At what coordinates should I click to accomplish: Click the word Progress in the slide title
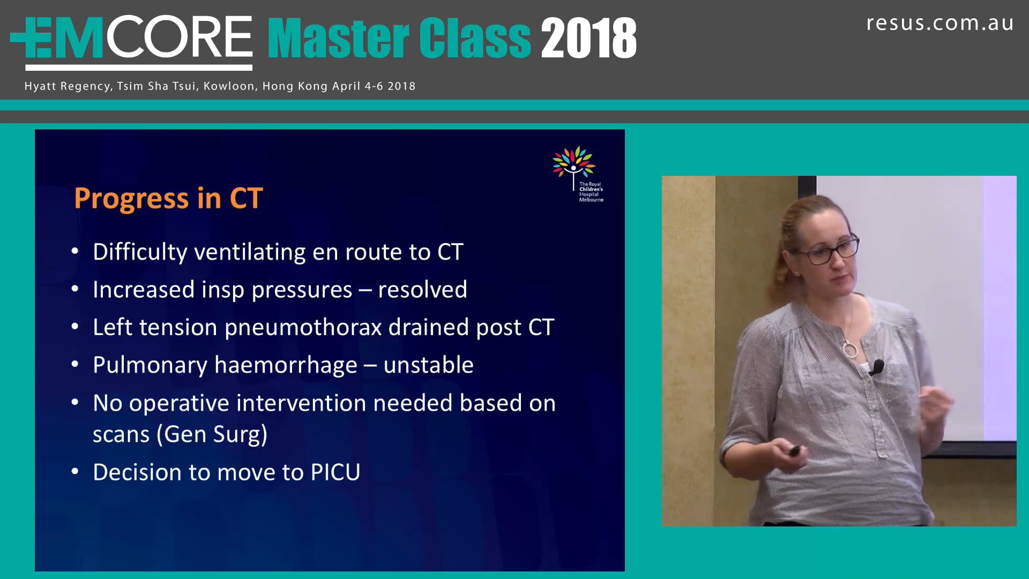point(131,199)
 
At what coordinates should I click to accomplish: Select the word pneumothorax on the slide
point(303,328)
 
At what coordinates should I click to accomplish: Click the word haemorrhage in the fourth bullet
point(285,366)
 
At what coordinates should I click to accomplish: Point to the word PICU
point(335,472)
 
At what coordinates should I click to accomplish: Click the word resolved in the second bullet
point(422,290)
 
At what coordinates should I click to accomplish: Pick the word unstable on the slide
point(428,365)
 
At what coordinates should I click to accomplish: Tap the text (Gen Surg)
point(212,434)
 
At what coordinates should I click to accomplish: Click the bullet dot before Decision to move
point(75,472)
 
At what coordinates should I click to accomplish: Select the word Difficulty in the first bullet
point(139,253)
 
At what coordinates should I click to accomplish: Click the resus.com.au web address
point(939,23)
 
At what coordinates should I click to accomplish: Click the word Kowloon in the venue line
point(229,86)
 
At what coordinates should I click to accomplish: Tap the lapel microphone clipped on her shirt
point(877,367)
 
